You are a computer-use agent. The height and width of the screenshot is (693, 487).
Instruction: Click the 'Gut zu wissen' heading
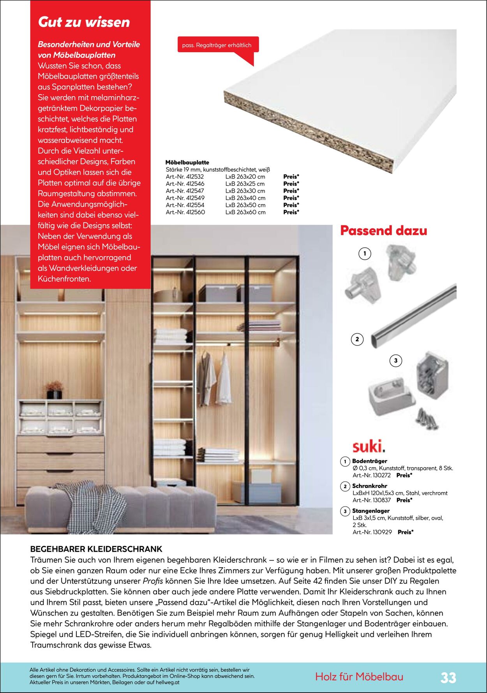[84, 22]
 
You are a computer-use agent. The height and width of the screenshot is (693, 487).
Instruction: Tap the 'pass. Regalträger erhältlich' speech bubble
[217, 46]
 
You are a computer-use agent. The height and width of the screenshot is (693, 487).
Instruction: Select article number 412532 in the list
[185, 177]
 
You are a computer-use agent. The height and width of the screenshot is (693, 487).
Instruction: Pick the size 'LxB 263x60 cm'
[245, 212]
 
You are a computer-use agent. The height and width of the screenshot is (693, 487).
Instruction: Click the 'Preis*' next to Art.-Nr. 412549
[291, 198]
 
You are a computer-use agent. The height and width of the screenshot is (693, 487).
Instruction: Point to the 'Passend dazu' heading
[383, 230]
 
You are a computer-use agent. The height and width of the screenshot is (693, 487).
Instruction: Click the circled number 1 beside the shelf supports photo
[365, 254]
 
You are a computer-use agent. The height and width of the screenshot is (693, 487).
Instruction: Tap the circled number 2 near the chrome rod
[357, 339]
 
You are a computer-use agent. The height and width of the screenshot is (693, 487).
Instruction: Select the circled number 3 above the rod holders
[396, 361]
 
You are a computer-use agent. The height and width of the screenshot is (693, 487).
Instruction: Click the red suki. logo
[369, 446]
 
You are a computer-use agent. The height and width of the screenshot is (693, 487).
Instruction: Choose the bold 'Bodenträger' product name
[369, 461]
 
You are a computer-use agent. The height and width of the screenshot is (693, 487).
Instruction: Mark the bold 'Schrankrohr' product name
[369, 486]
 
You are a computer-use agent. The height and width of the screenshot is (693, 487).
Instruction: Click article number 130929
[372, 532]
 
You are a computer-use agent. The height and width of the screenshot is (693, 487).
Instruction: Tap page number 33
[448, 678]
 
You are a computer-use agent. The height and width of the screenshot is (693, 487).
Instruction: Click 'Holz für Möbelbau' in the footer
[359, 677]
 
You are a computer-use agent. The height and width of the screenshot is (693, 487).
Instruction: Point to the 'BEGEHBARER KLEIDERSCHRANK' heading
[96, 549]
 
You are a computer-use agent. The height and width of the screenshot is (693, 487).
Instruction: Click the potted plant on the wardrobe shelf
[54, 389]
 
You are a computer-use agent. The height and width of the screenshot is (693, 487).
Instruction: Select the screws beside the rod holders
[427, 419]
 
